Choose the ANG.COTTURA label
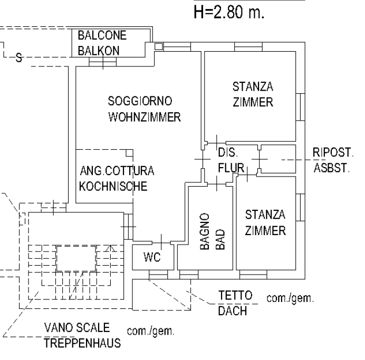click(117, 171)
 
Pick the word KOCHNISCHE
click(112, 186)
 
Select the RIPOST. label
click(332, 152)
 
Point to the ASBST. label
click(331, 168)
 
